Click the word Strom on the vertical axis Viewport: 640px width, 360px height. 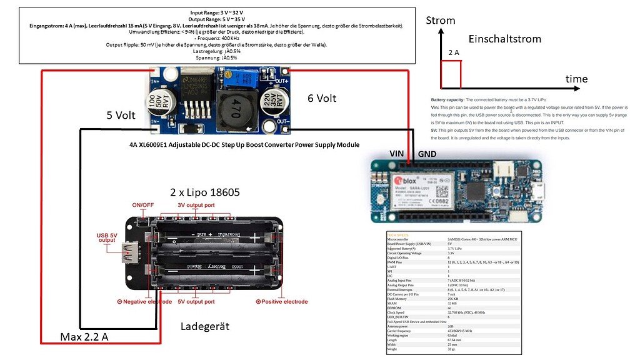point(440,21)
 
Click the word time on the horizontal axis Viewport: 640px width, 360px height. point(576,79)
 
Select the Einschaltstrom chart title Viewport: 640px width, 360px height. point(504,39)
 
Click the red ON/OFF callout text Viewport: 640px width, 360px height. point(142,205)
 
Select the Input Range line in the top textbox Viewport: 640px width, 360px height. point(217,12)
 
